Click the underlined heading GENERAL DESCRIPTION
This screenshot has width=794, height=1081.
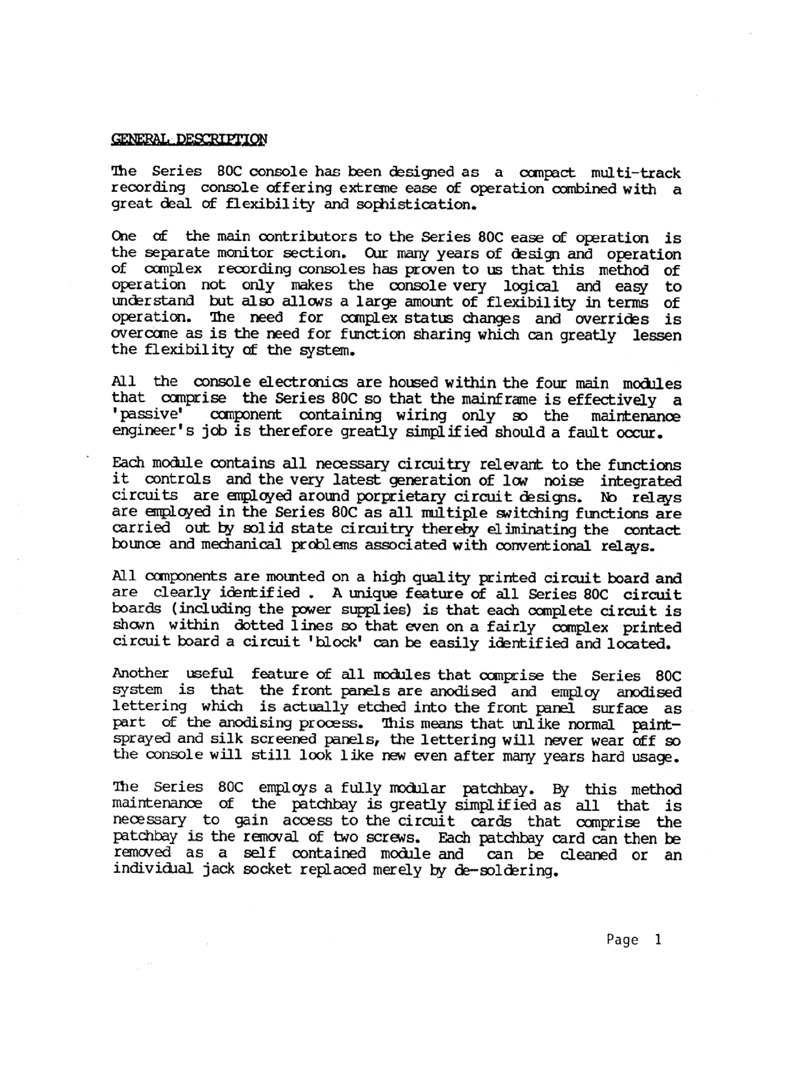pyautogui.click(x=189, y=138)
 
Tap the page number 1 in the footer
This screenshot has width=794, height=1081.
pyautogui.click(x=658, y=939)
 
